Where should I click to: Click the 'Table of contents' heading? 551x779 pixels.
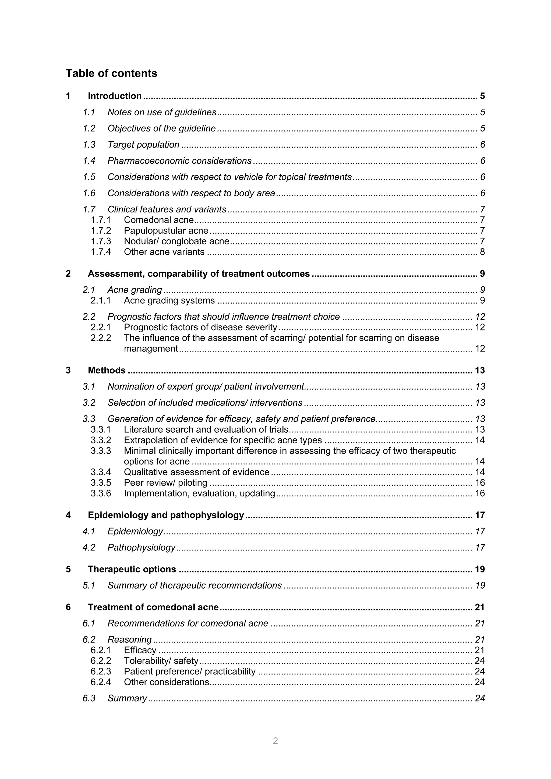point(111,73)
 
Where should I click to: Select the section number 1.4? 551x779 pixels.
point(89,161)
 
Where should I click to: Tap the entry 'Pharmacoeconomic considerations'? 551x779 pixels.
point(179,161)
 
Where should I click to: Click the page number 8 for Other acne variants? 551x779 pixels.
point(482,252)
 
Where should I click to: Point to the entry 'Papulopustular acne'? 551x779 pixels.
point(166,231)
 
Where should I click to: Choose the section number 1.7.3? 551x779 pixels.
point(101,241)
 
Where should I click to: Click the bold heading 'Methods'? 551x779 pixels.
point(107,370)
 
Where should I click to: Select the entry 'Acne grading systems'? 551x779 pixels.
point(169,301)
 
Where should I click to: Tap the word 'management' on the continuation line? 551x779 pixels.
point(151,349)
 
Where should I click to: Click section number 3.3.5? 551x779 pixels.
point(101,483)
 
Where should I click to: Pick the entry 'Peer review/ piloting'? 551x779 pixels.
point(165,483)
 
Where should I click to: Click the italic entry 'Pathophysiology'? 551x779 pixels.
point(141,547)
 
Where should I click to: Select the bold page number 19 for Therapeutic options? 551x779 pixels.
point(480,569)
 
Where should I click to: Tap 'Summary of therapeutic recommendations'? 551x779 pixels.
point(195,586)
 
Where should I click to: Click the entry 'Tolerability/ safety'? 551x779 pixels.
point(161,661)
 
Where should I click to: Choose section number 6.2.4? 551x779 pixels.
point(101,682)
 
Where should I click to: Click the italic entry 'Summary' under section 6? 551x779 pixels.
point(127,698)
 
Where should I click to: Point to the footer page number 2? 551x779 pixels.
point(275,741)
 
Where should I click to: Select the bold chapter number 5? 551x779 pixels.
point(68,569)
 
